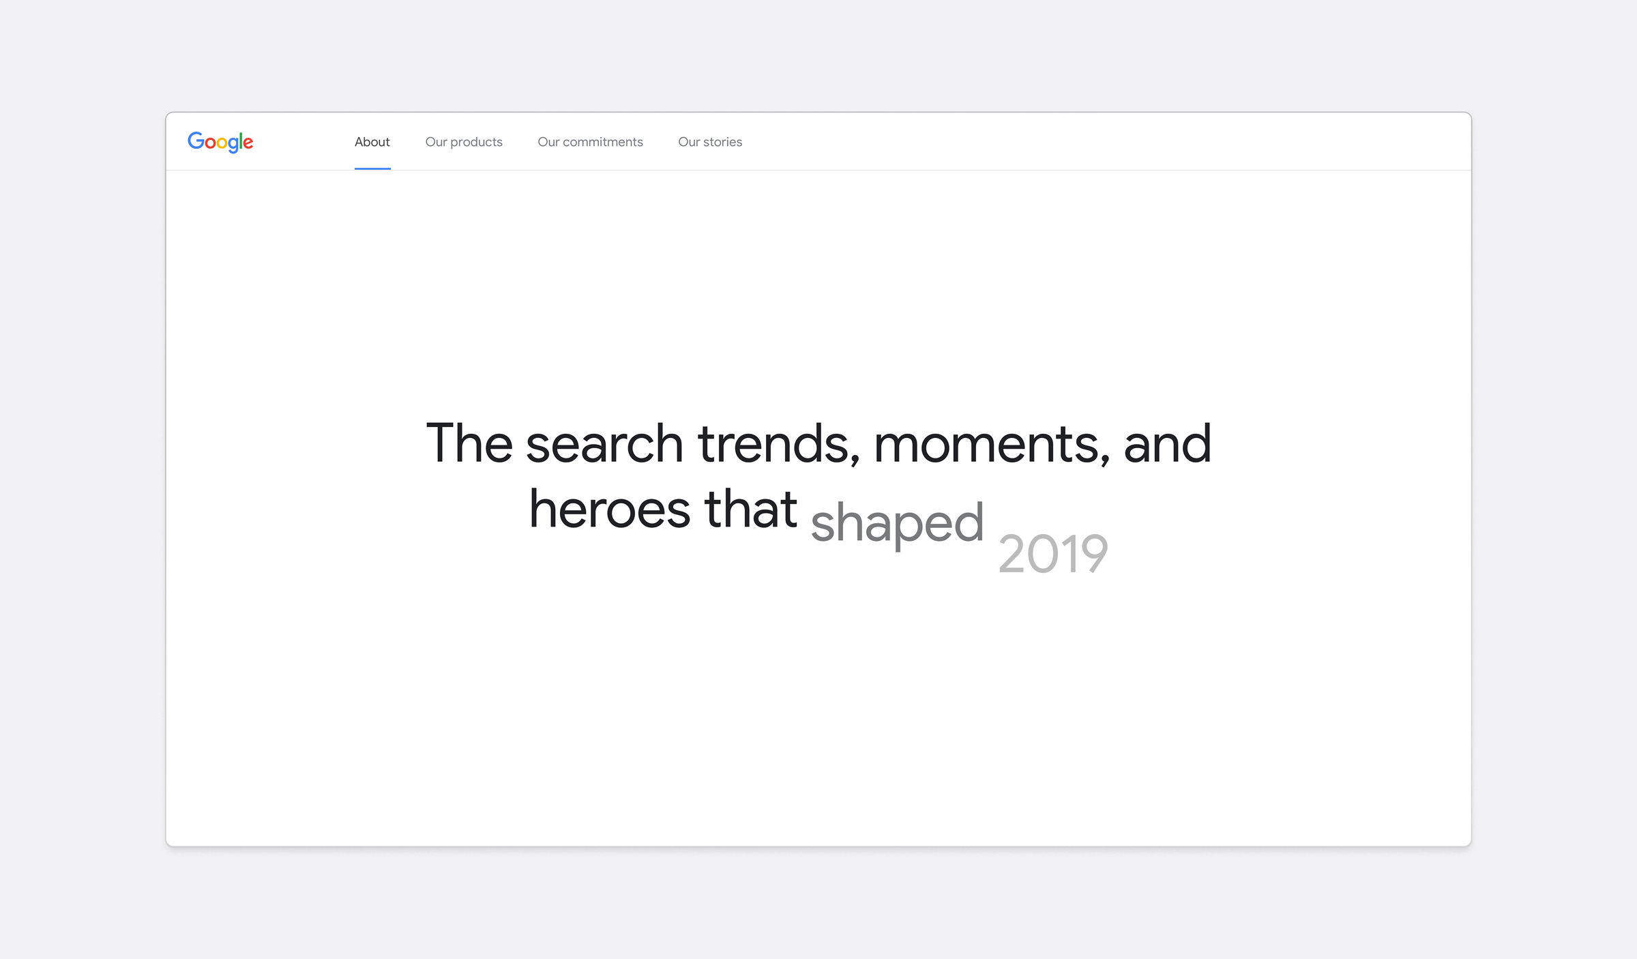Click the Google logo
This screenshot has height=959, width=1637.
point(220,142)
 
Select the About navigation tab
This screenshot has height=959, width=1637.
point(372,142)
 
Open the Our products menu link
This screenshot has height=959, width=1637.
point(464,142)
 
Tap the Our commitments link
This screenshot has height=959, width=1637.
point(590,142)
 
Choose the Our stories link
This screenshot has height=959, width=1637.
point(710,142)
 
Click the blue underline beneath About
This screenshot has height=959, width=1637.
point(372,168)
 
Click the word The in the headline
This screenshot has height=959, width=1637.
point(469,443)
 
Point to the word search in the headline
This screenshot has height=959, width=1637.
point(604,443)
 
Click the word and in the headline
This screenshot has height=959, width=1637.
point(1167,443)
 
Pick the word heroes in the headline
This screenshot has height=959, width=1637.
point(610,509)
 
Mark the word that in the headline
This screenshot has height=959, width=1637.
point(751,509)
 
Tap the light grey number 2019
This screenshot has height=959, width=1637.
point(1053,553)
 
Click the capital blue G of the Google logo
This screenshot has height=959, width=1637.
point(196,141)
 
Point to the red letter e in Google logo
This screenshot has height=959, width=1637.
point(248,143)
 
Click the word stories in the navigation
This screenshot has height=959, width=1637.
point(722,142)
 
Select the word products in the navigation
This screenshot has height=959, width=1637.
point(476,142)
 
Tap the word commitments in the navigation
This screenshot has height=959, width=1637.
point(603,142)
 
